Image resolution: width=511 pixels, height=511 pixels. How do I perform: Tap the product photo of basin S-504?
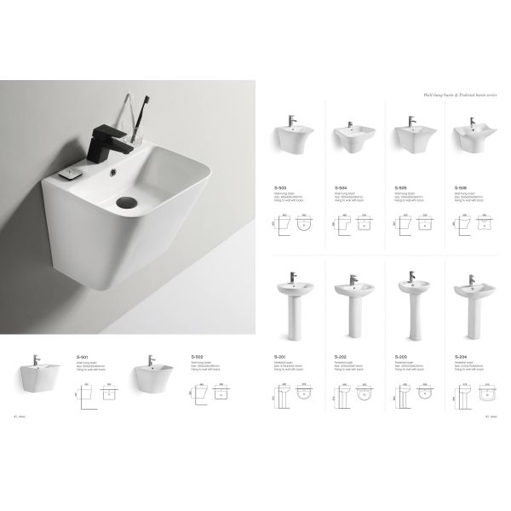[347, 136]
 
